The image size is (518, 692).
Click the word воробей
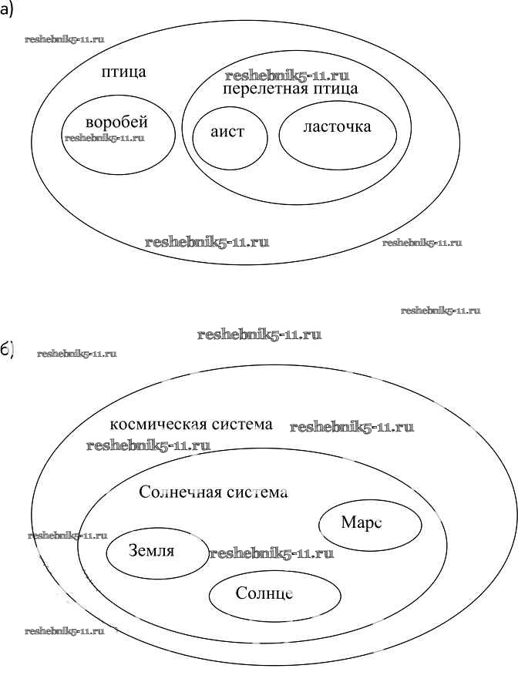tap(116, 123)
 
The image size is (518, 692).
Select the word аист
tap(227, 131)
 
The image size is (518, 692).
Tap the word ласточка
tap(337, 126)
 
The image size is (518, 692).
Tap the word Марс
tap(362, 522)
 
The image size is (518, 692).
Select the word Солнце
tap(264, 594)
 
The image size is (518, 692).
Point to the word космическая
tap(156, 425)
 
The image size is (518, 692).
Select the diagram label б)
tap(8, 349)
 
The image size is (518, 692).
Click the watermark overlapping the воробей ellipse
tap(105, 139)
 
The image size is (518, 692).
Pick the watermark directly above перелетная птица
tap(287, 76)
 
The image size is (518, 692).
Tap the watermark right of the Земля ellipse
tap(271, 553)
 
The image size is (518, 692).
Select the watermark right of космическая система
tap(351, 427)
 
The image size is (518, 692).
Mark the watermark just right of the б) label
tap(76, 354)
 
